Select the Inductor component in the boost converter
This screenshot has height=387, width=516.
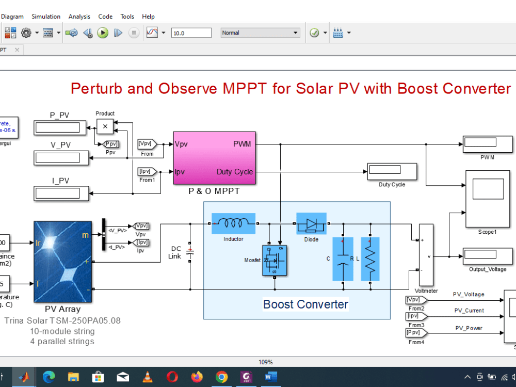click(x=233, y=223)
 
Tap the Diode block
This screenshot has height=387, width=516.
click(x=311, y=223)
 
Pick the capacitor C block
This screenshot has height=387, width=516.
click(x=342, y=259)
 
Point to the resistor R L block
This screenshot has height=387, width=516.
click(x=370, y=259)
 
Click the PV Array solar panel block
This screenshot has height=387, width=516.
click(x=62, y=262)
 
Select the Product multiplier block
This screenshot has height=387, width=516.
click(x=105, y=126)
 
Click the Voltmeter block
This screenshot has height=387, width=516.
click(x=426, y=255)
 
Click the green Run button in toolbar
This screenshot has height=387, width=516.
click(x=103, y=33)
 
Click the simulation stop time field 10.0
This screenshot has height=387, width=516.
click(x=191, y=33)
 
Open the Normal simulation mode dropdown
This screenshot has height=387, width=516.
click(x=261, y=33)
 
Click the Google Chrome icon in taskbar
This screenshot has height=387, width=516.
click(x=221, y=377)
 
